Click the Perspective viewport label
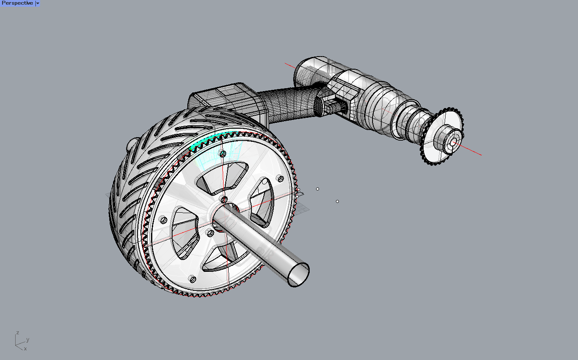(x=17, y=3)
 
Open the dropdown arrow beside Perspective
(x=38, y=3)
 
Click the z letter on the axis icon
(x=17, y=333)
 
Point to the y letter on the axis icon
(x=28, y=339)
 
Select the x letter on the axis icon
(x=25, y=349)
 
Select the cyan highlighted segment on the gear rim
(x=207, y=140)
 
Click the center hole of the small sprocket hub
(x=453, y=143)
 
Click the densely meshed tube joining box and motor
(x=287, y=103)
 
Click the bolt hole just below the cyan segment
(x=223, y=154)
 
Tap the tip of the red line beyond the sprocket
(x=481, y=155)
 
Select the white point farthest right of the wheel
(x=337, y=201)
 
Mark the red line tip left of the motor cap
(x=286, y=64)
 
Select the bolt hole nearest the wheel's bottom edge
(x=192, y=279)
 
